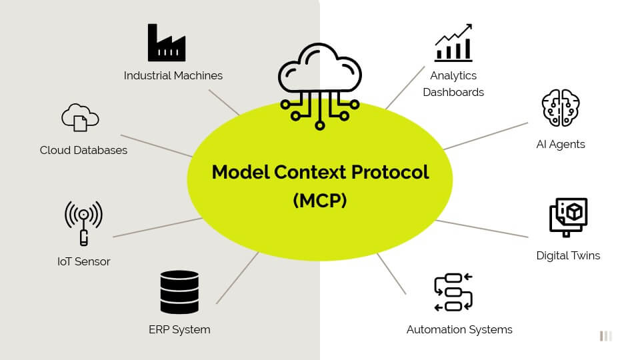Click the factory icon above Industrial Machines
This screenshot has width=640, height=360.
point(167,43)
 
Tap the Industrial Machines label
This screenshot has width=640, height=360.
point(173,75)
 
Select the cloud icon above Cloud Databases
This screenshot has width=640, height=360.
point(80,117)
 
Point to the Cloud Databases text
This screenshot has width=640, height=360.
point(83,150)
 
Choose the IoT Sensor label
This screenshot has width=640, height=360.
point(84,261)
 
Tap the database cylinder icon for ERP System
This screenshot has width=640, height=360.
point(179,292)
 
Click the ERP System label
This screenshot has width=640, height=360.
point(179,329)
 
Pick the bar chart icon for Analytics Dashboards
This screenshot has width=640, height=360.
point(453,43)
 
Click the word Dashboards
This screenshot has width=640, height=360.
point(453,92)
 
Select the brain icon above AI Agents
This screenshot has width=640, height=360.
point(561,108)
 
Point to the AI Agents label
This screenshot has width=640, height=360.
point(561,144)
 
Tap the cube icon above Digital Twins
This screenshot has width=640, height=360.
point(568,217)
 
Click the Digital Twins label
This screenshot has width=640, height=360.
point(568,255)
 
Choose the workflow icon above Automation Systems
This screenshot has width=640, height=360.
point(453,292)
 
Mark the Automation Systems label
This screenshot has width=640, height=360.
point(459,329)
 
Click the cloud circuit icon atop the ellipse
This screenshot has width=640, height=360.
point(320,83)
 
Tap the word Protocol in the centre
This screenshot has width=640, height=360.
point(390,172)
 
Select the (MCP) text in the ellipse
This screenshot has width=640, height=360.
point(320,201)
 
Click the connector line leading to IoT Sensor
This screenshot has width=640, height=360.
point(157,227)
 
